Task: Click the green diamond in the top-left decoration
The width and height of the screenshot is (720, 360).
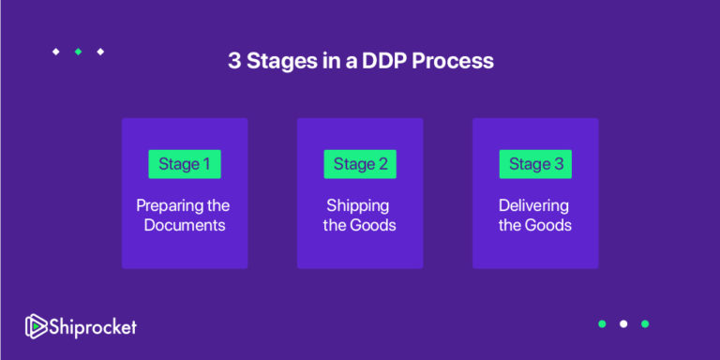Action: click(x=78, y=52)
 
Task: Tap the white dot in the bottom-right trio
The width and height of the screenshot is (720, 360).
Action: click(x=623, y=324)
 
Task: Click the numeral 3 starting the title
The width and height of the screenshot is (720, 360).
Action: click(x=233, y=62)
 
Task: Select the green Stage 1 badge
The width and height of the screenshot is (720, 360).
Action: click(x=185, y=164)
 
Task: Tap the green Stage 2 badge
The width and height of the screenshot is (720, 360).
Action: click(x=360, y=164)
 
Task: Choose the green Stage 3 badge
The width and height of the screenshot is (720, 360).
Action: click(x=535, y=164)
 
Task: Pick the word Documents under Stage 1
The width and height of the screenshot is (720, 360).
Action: click(x=185, y=225)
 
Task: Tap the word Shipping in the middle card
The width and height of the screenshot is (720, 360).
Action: click(x=357, y=205)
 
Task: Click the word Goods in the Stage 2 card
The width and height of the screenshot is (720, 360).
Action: click(x=375, y=225)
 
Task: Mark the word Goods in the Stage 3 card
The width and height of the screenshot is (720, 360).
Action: click(x=550, y=225)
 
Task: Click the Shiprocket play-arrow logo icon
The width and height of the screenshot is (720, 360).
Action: click(x=36, y=326)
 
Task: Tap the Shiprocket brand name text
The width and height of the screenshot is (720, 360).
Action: click(x=93, y=326)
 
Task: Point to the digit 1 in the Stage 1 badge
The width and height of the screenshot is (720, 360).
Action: click(x=206, y=164)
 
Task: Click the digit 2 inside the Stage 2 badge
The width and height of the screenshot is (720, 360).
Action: click(x=382, y=164)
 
